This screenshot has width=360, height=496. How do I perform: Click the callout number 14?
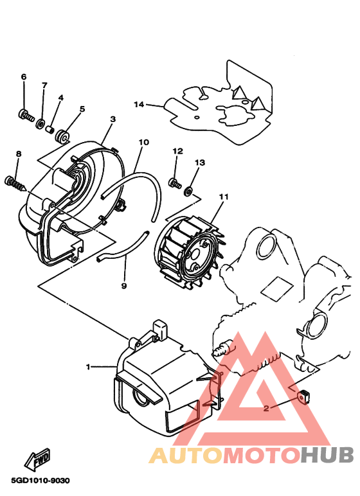click(x=139, y=104)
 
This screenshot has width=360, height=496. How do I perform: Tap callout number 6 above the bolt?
click(x=24, y=77)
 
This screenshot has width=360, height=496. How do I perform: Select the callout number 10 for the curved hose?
click(x=144, y=143)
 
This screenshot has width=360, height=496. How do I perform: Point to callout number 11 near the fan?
click(x=224, y=197)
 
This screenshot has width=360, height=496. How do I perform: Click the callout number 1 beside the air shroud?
click(x=88, y=367)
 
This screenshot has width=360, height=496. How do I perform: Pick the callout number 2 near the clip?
click(x=266, y=409)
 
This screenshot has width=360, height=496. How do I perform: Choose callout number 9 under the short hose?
click(x=124, y=286)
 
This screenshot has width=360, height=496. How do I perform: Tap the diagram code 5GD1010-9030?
click(x=40, y=481)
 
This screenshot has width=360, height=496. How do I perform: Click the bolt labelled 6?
click(x=26, y=115)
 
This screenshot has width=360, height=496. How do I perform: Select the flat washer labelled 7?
click(x=40, y=123)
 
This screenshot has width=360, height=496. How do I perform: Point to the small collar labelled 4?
click(x=50, y=130)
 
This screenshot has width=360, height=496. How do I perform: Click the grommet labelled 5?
click(x=62, y=136)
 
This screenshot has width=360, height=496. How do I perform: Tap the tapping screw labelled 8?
click(x=15, y=184)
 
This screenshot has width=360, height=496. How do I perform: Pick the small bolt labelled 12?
click(x=175, y=183)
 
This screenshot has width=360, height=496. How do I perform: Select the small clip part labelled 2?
click(x=304, y=396)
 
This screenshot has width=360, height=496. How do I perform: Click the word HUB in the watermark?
click(x=327, y=455)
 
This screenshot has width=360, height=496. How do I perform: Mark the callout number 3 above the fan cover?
click(x=113, y=120)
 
